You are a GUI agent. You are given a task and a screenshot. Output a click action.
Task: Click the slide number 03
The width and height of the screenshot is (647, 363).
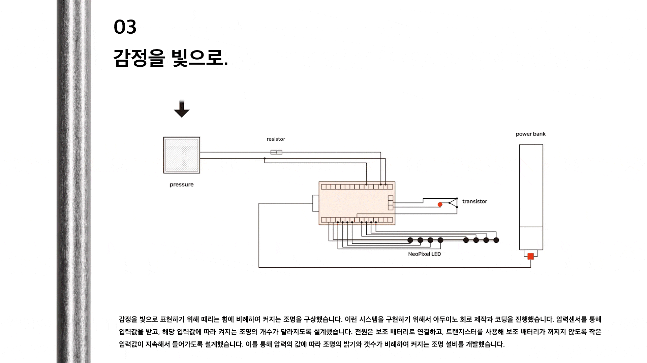point(125,27)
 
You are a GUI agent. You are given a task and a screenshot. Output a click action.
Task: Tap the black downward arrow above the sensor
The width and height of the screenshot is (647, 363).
point(181,109)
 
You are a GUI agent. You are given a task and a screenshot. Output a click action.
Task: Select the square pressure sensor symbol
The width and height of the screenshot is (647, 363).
point(182,155)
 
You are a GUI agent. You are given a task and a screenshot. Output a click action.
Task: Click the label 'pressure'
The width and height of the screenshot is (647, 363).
point(181,185)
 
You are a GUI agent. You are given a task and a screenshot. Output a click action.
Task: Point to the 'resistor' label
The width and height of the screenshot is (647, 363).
point(276,139)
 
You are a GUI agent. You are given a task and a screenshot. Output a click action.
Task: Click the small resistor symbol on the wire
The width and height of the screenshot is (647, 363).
point(276,152)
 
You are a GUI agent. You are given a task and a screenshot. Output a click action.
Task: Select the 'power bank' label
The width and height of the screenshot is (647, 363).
point(530,134)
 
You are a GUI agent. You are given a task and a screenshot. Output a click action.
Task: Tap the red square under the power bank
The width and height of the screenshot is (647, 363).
point(530,257)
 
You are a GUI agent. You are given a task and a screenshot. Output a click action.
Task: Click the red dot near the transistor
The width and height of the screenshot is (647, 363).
point(440,204)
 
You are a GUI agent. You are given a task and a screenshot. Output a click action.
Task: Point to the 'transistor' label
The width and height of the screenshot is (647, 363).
point(474,201)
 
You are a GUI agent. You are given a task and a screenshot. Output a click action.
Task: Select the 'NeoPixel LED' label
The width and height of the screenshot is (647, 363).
point(424,254)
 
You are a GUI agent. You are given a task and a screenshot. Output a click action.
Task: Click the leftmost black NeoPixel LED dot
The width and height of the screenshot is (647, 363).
point(410,240)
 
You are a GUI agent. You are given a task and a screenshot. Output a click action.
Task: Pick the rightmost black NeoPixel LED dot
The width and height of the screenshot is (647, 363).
point(496,240)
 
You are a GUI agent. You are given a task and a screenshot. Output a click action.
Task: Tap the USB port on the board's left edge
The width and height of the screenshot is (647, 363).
point(315,203)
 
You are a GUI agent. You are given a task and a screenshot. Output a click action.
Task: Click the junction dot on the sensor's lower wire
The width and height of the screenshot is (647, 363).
point(265,158)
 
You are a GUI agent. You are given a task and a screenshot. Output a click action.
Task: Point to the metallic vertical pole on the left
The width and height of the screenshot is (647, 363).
point(73,182)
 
